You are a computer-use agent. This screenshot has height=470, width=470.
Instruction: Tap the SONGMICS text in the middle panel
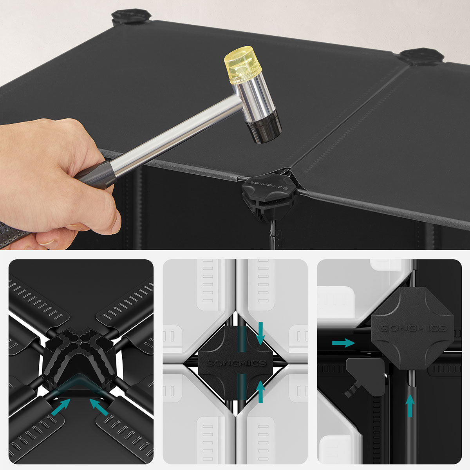point(236,363)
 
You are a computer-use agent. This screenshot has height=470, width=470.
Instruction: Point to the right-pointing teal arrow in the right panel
point(343,343)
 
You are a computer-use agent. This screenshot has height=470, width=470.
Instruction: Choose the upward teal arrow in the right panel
point(410,406)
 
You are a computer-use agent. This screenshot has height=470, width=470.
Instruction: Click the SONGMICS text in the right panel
point(414,329)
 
